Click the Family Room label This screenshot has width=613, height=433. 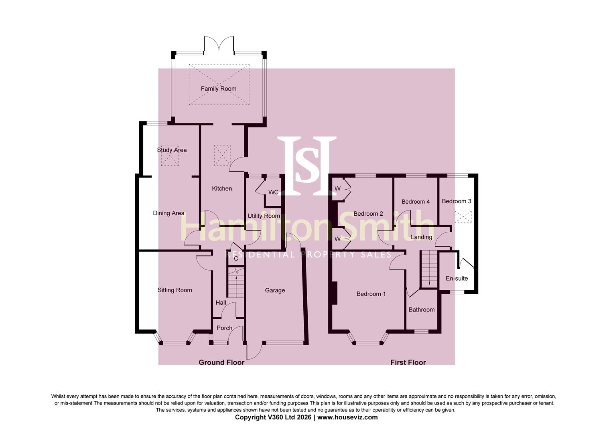coord(218,89)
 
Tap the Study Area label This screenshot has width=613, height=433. coord(172,150)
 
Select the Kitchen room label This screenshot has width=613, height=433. coord(222,188)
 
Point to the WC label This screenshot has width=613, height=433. coord(273,192)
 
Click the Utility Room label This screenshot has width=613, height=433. coord(264,216)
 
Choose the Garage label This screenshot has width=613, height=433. coord(275,290)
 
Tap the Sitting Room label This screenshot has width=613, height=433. coord(175,290)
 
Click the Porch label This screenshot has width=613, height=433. coord(224,328)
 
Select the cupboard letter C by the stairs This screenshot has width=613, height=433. coord(236,259)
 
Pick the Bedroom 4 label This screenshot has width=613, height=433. coord(415,202)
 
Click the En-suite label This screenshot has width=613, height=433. coord(457,279)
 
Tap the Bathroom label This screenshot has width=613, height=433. coord(421,310)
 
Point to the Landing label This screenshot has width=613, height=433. coord(421,237)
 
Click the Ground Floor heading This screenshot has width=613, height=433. coord(221,362)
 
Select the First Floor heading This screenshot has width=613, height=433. coord(408,362)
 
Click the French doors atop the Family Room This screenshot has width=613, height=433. coord(219,44)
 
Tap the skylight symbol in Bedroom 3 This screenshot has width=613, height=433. coord(463,216)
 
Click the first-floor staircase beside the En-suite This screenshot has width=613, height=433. coord(429,269)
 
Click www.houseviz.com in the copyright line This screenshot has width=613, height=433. coord(347,417)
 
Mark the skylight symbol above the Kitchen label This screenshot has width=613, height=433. coord(223,156)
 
